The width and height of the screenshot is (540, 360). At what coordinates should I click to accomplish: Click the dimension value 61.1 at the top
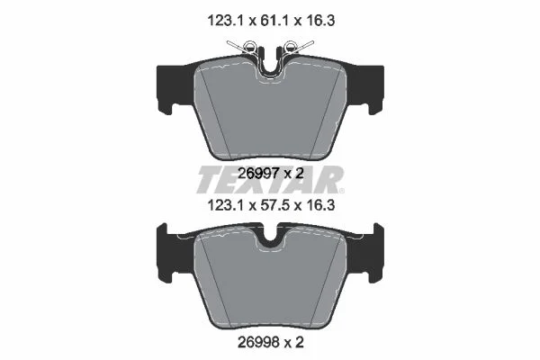[x=271, y=21]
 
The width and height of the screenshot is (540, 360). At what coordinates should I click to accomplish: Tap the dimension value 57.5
[x=271, y=206]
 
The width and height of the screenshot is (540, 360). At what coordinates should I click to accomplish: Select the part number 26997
[x=258, y=174]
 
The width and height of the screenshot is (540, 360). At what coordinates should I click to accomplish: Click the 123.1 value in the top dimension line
[x=225, y=21]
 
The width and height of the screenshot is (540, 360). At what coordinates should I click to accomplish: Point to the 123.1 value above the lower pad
[x=225, y=206]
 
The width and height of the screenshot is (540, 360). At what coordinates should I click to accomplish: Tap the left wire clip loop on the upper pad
[x=249, y=46]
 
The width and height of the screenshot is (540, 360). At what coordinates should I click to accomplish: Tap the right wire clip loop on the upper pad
[x=291, y=46]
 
